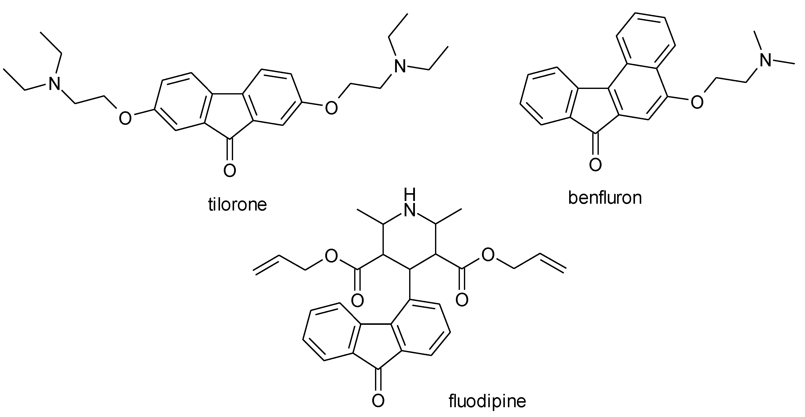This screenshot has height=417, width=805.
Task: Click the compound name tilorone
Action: [238, 204]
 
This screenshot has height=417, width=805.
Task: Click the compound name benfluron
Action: [605, 198]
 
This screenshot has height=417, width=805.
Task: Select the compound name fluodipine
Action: [487, 401]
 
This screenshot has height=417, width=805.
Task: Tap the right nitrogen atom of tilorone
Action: [400, 67]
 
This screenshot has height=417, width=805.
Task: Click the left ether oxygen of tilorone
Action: [125, 119]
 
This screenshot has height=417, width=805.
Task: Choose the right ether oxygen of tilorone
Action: [331, 108]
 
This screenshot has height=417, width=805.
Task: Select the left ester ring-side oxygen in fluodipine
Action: [331, 256]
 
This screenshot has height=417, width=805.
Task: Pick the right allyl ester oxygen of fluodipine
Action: [488, 255]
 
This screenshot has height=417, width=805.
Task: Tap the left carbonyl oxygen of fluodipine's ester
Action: [357, 300]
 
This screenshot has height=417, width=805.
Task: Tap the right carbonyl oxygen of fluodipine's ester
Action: [462, 300]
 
